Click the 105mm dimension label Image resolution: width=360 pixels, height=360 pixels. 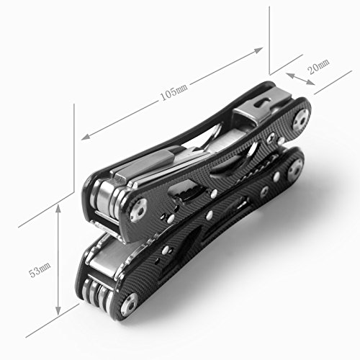tap(174, 91)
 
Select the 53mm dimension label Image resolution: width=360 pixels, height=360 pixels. tap(40, 270)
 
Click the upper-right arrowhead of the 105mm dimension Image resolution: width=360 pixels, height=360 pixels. tap(258, 50)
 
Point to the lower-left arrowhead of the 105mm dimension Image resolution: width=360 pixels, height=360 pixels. tap(86, 136)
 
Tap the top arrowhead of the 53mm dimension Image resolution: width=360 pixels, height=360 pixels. tap(58, 210)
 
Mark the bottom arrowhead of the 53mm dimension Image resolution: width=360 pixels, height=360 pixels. tap(58, 310)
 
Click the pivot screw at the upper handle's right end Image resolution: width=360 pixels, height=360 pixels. tap(300, 120)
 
